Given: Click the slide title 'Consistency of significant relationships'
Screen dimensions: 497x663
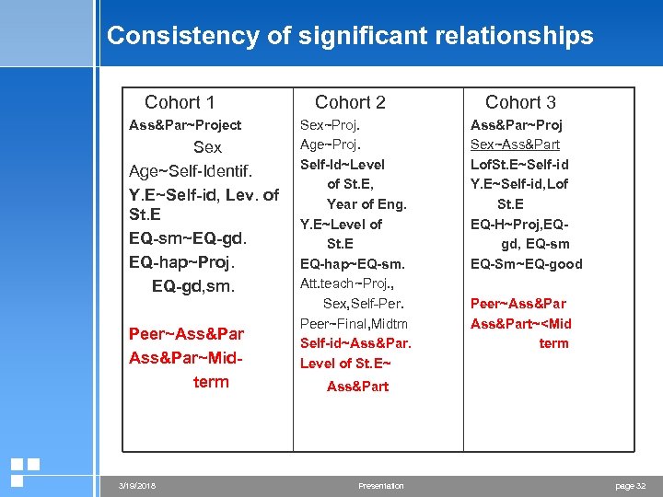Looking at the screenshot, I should click(350, 36).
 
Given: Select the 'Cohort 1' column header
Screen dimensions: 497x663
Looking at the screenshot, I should click(180, 102).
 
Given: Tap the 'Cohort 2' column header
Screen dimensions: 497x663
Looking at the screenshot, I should click(350, 102).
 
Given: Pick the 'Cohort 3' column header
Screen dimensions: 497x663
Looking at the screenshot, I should click(520, 102).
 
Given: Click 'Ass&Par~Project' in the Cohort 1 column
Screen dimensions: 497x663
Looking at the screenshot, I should click(185, 125).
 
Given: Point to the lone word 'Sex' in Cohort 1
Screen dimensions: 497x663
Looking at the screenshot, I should click(207, 147).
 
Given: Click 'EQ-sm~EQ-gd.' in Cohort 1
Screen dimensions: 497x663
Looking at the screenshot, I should click(189, 239).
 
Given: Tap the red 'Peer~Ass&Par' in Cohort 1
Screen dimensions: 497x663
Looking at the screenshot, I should click(186, 334).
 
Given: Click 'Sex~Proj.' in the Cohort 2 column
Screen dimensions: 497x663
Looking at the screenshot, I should click(330, 124).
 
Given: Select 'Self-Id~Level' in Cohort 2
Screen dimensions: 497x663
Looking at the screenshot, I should click(343, 164).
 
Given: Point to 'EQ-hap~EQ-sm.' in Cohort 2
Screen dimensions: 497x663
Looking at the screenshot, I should click(353, 264).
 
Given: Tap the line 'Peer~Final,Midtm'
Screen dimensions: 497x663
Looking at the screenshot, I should click(354, 323).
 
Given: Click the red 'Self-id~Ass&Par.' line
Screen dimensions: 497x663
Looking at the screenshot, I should click(355, 343).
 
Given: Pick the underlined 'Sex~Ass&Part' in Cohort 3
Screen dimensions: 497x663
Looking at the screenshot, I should click(515, 144).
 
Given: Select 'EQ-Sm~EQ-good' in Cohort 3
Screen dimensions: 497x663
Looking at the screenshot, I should click(527, 264).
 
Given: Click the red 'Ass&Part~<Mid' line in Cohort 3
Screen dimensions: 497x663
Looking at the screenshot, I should click(521, 323).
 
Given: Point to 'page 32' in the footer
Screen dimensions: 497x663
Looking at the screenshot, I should click(631, 486).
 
